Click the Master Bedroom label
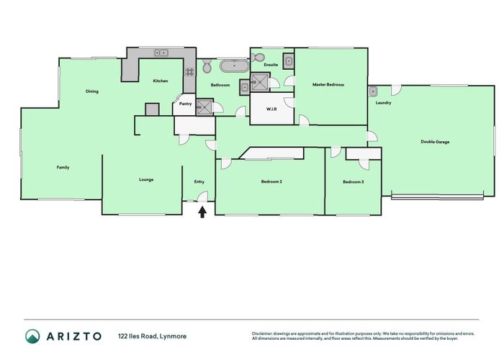pos(328,85)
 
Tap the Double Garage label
pos(435,142)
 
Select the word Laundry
pos(383,103)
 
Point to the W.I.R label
pos(271,109)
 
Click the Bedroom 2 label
pos(271,181)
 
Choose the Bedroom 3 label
pos(353,181)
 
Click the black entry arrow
pos(202,211)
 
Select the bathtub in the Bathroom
pos(235,67)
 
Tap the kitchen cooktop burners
pos(190,71)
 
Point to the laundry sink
pos(374,91)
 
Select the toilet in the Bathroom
pos(207,67)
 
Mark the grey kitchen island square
pos(151,109)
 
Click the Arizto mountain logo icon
pos(32,336)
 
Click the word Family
pos(63,167)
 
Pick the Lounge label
pos(146,179)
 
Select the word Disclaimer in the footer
pos(262,333)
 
